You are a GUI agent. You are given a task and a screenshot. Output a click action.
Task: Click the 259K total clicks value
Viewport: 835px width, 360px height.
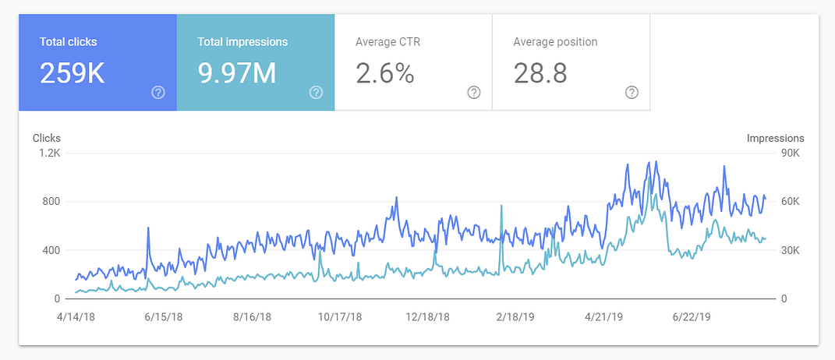tap(73, 73)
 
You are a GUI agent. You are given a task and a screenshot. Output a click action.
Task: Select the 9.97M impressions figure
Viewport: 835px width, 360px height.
tap(237, 73)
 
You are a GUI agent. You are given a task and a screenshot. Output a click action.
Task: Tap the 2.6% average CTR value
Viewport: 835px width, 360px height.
tap(384, 73)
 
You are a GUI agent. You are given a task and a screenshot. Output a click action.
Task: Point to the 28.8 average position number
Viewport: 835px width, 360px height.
tap(540, 73)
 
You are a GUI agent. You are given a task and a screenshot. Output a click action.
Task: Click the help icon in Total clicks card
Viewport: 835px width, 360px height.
tap(158, 93)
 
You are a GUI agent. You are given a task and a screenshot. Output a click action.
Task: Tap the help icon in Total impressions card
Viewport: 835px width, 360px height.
tap(316, 93)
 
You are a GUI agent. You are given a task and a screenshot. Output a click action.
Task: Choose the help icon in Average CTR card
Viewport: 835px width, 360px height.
tap(473, 93)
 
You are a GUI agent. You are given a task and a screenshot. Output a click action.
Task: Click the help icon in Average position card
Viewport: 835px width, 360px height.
tap(632, 93)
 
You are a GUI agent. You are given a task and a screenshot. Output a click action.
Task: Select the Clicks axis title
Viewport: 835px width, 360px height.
tap(47, 138)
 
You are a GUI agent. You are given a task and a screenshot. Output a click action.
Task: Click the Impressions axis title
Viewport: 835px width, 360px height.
tap(775, 138)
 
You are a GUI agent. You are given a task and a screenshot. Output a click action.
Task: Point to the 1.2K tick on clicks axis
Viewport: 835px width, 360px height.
tap(50, 153)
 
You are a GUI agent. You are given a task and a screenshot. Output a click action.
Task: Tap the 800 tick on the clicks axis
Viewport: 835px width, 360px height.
tap(51, 202)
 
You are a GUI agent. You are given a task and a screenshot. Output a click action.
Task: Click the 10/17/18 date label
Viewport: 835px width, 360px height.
tap(340, 317)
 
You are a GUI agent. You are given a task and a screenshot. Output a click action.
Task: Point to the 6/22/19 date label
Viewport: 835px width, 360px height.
tap(691, 317)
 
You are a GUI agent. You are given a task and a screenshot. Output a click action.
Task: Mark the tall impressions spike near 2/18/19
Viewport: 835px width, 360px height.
tap(501, 207)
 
